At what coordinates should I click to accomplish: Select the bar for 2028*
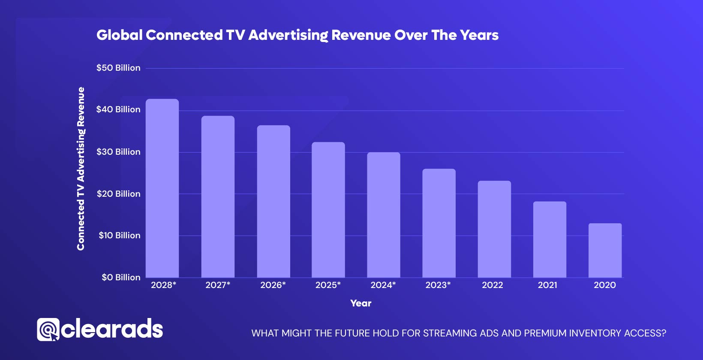point(162,189)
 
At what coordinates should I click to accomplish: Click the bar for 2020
point(605,250)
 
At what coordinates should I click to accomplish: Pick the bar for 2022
point(494,229)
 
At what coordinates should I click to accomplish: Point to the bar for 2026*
point(273,201)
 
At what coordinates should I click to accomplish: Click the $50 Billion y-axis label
point(118,68)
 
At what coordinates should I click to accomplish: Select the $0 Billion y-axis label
point(121,277)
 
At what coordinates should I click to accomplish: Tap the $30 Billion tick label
point(118,152)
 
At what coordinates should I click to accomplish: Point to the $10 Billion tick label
point(119,235)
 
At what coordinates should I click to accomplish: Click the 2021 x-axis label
point(547,285)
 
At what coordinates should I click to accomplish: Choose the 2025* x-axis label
point(328,285)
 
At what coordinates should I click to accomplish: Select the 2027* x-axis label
point(218,285)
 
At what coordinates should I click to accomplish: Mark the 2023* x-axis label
point(438,285)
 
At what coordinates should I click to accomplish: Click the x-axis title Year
point(361,303)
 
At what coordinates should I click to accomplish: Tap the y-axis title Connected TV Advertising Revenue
point(81,169)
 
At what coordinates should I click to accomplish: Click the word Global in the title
point(119,35)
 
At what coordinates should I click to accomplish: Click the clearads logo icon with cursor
point(48,330)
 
